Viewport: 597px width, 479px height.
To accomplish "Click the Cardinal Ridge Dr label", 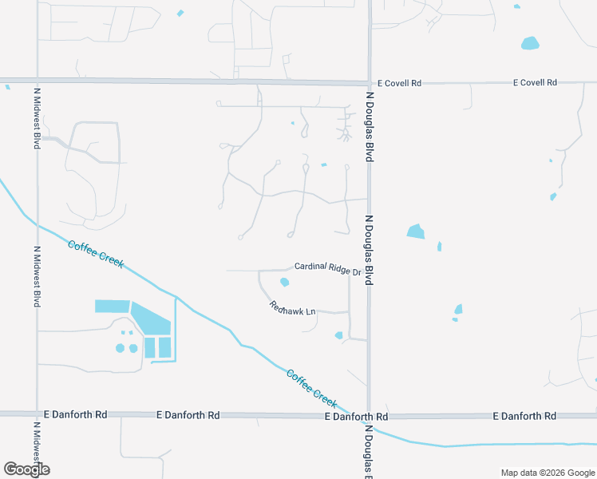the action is [x=327, y=268].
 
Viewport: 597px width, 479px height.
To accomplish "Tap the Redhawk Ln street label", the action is [x=293, y=307].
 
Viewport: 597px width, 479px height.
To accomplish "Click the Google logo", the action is [x=26, y=469].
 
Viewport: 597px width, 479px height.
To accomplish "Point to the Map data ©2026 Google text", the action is [x=548, y=473].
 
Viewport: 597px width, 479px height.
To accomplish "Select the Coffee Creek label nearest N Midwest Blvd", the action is [x=96, y=254].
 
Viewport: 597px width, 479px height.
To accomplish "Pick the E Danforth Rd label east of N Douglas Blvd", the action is [x=524, y=416].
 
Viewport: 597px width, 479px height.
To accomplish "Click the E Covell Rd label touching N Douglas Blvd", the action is [x=399, y=83].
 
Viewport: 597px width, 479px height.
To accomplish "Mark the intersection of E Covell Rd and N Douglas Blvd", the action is [x=369, y=83].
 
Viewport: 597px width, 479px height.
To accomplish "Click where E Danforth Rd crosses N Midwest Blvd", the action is [x=37, y=414].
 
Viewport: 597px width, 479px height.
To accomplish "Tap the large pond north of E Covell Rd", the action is [x=530, y=43].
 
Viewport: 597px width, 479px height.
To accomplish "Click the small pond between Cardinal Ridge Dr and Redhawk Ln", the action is [x=284, y=282].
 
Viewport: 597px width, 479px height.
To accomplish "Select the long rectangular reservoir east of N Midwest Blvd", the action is [x=112, y=306].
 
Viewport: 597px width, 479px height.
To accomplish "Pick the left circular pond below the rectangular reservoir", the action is [x=121, y=348].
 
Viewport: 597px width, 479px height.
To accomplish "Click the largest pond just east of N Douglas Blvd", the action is [x=416, y=232].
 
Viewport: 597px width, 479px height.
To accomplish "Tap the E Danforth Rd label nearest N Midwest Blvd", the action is [x=76, y=415].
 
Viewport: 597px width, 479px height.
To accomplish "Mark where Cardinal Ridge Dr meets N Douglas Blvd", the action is [x=368, y=271].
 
